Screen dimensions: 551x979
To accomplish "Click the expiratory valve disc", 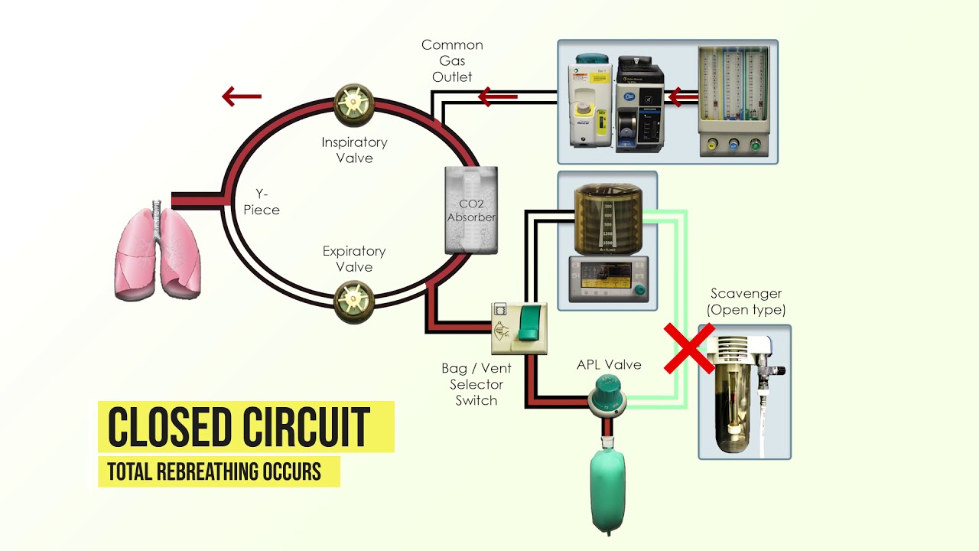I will [354, 302].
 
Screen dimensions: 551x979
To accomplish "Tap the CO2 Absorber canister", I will [471, 210].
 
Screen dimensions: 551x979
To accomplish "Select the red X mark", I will [689, 348].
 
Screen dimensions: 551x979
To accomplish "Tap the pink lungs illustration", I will [158, 253].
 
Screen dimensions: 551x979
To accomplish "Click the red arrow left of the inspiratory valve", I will [242, 96].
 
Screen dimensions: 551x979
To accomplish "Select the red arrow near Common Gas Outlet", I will [497, 96].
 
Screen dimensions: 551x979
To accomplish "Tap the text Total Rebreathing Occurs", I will [214, 471].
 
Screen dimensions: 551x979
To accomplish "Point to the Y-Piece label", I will [262, 202].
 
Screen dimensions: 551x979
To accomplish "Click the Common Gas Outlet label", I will [452, 61].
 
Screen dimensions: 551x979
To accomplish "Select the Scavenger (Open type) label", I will [746, 302].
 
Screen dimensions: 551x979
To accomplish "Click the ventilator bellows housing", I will [608, 214].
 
